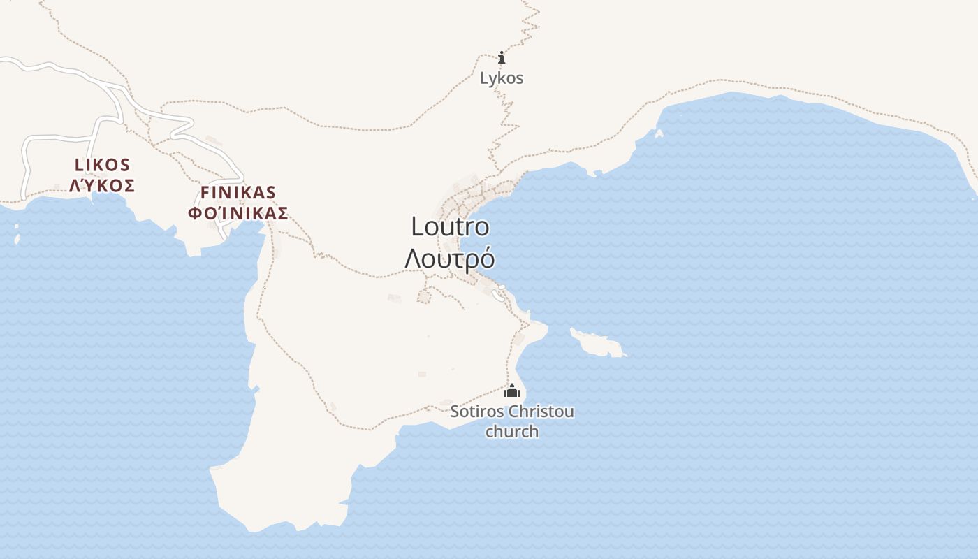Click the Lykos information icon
pyautogui.click(x=501, y=58)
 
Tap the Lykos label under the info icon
pyautogui.click(x=501, y=78)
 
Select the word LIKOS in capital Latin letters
pyautogui.click(x=102, y=165)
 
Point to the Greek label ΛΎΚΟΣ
pyautogui.click(x=102, y=186)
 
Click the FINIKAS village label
pyautogui.click(x=238, y=192)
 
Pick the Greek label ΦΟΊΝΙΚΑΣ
pyautogui.click(x=238, y=213)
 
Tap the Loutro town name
pyautogui.click(x=450, y=226)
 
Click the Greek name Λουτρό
pyautogui.click(x=450, y=258)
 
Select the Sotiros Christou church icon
pyautogui.click(x=512, y=391)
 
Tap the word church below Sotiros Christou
pyautogui.click(x=512, y=431)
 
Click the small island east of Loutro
pyautogui.click(x=597, y=343)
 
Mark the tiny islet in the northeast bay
pyautogui.click(x=659, y=133)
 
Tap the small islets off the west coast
pyautogui.click(x=17, y=235)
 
